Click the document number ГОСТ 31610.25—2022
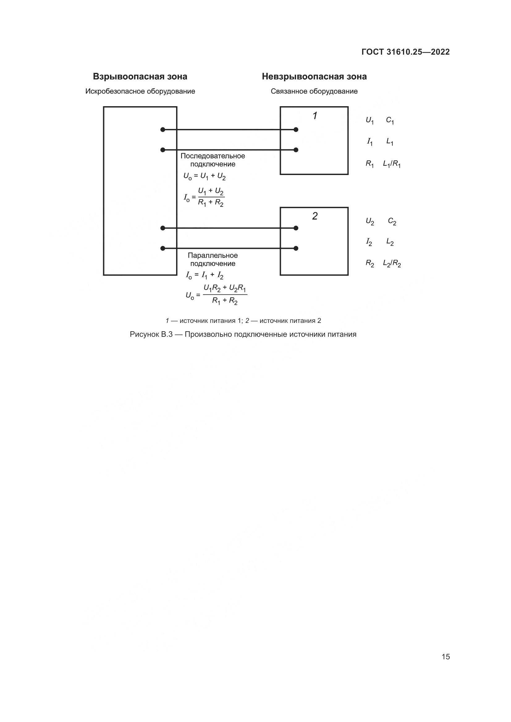click(405, 52)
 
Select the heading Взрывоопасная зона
click(140, 77)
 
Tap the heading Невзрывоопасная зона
click(314, 77)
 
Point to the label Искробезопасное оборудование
click(140, 91)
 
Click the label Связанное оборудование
click(314, 91)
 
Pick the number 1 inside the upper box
click(315, 116)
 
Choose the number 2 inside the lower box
click(315, 216)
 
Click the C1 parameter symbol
click(390, 120)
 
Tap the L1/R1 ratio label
click(391, 164)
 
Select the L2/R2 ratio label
click(392, 263)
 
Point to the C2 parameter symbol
click(392, 222)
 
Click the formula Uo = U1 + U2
click(205, 177)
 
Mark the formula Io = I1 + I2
click(205, 276)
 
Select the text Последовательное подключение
click(213, 160)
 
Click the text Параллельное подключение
click(213, 259)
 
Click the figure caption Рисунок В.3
click(243, 334)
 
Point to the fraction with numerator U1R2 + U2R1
click(225, 295)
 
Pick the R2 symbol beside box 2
click(370, 263)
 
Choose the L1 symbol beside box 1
click(390, 142)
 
